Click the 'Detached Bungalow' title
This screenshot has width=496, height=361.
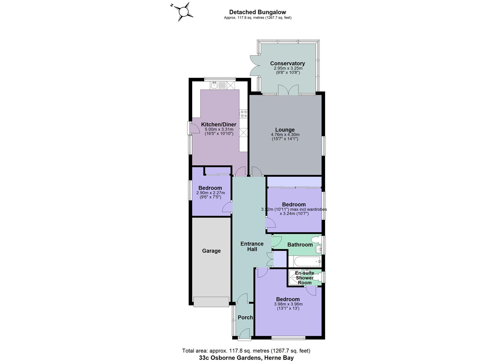coord(258,12)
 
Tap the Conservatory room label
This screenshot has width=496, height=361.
coord(287,63)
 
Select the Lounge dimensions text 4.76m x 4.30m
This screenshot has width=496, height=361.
coord(285,135)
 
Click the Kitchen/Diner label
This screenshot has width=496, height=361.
coord(219,124)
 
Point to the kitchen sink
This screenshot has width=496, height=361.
coord(214,85)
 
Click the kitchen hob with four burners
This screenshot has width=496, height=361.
coord(243,114)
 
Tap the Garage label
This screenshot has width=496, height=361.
coord(211,251)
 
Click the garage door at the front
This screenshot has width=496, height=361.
coord(211,302)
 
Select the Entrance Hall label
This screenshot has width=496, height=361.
coord(252,246)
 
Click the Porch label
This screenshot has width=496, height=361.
coord(245,317)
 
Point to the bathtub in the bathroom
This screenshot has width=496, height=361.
coord(305,261)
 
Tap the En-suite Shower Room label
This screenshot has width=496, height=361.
coord(305,278)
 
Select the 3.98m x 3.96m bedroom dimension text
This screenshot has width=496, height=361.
coord(288,304)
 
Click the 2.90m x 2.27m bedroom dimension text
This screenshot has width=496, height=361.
coord(210,193)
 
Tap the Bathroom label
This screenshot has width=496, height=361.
coord(300,244)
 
